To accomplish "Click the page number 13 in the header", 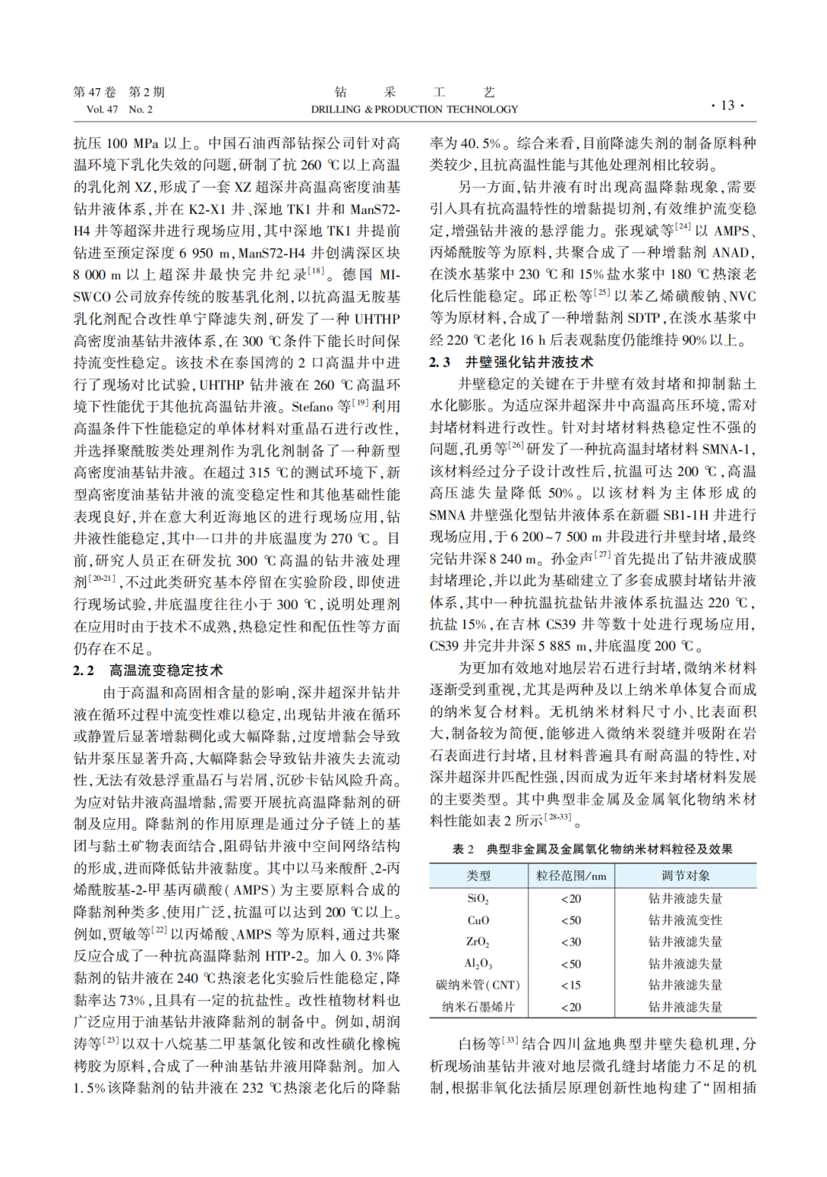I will tap(727, 105).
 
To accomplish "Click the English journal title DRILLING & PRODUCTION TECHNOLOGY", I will tap(414, 110).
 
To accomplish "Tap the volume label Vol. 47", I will tap(102, 110).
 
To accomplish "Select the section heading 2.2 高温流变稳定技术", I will tap(149, 670).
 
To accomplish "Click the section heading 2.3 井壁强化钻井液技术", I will tap(511, 362).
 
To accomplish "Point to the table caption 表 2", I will tap(463, 849).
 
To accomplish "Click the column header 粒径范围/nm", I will tap(570, 875).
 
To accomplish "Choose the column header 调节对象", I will tap(685, 875).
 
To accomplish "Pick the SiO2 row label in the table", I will tap(478, 899).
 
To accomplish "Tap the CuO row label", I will tap(478, 920).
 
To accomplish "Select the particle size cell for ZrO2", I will tap(570, 942).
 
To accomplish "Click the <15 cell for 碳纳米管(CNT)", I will tap(570, 985).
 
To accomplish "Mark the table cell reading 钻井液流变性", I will tap(685, 920).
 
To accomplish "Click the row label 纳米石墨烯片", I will tap(478, 1007).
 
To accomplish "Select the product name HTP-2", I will tap(287, 956).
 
